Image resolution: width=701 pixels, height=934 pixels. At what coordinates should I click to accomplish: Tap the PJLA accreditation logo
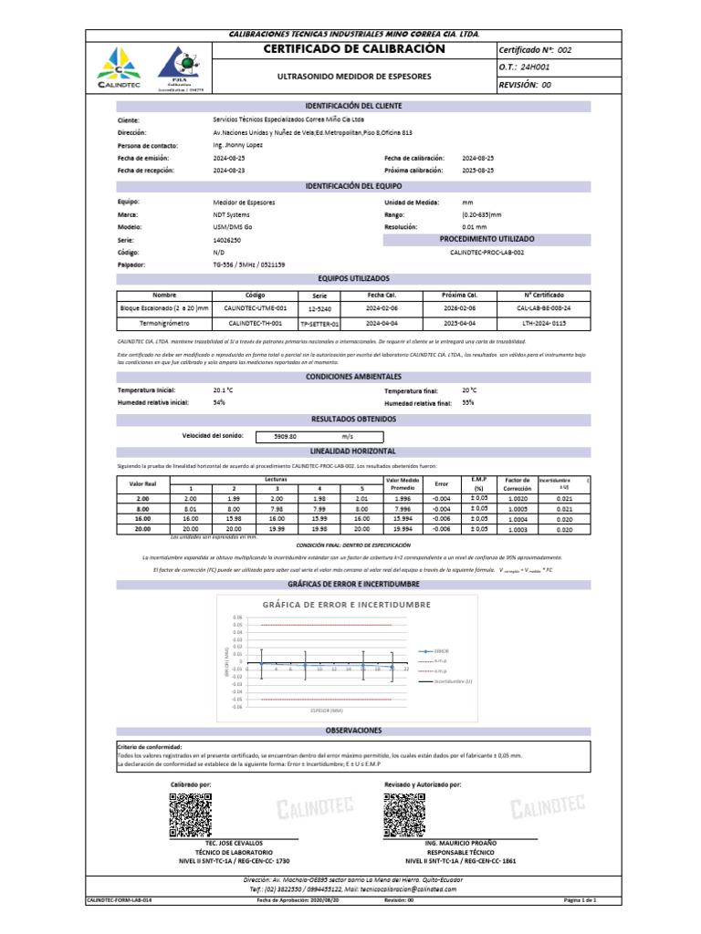point(178,69)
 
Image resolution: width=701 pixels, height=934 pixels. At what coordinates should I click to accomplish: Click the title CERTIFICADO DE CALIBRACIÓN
point(353,48)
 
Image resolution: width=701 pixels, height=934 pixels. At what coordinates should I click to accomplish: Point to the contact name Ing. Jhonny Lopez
point(236,145)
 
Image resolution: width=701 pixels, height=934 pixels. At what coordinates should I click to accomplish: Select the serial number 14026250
point(228,240)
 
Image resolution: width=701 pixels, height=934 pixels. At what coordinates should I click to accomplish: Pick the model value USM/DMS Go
point(231,227)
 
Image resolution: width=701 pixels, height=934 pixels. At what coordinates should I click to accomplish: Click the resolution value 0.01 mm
point(475,227)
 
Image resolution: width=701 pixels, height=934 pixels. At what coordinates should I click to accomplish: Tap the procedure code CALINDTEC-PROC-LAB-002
point(487,252)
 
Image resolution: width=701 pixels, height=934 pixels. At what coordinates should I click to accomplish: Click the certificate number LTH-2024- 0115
point(544,322)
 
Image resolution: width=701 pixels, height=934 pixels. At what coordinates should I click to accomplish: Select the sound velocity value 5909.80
point(286,437)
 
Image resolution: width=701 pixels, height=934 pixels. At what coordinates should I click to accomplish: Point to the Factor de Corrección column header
point(518,483)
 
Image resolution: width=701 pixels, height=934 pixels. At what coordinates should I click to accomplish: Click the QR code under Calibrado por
point(190,815)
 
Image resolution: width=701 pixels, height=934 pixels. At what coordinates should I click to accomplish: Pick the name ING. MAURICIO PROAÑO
point(458,845)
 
